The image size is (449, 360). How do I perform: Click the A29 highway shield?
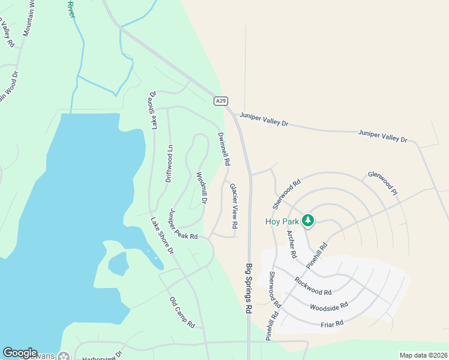[221, 101]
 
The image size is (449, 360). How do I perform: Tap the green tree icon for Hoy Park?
[308, 221]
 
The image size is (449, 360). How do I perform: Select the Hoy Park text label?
[282, 221]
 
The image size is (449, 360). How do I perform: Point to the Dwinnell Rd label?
[224, 149]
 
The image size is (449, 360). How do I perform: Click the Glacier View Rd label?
[234, 205]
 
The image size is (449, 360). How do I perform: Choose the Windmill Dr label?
[202, 188]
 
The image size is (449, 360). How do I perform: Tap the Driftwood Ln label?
[169, 163]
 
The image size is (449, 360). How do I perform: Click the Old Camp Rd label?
[182, 313]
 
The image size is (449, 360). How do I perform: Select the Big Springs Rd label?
[248, 289]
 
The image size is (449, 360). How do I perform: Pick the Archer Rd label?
[292, 244]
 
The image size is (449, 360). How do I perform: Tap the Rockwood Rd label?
[313, 284]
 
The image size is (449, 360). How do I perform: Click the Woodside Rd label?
[329, 307]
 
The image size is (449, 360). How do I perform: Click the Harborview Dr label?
[102, 355]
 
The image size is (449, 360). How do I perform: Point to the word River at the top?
[71, 8]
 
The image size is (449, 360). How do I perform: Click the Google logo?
[20, 353]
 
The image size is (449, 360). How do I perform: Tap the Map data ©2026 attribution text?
[423, 355]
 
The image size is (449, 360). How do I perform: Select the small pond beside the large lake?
[118, 263]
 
